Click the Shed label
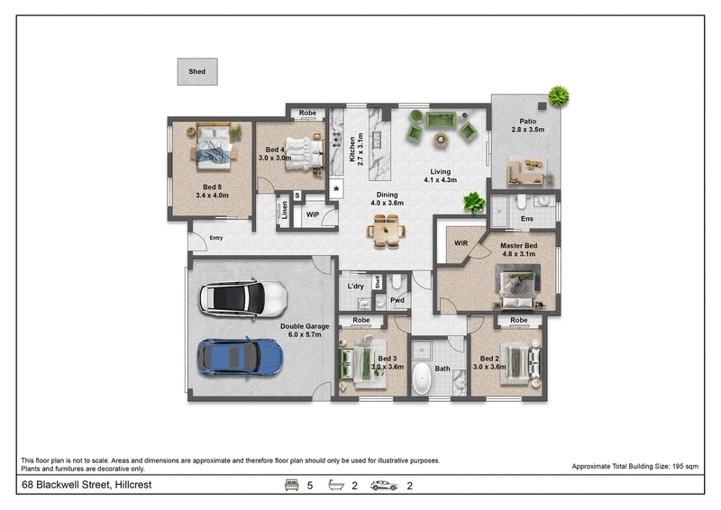pos(196,71)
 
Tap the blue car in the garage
pos(240,358)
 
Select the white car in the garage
pos(243,299)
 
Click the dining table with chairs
pos(387,231)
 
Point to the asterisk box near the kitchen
pos(336,189)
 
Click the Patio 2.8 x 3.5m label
pos(528,125)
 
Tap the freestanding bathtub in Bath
pos(422,378)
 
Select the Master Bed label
pos(519,246)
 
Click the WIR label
pos(461,242)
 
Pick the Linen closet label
pos(285,210)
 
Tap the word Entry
pos(216,238)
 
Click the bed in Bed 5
pos(213,145)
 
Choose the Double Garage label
pos(305,326)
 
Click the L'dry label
pos(355,286)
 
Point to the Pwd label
pos(397,300)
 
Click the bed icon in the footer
pos(291,485)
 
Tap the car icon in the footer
pos(384,485)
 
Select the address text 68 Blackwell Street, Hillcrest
pos(87,485)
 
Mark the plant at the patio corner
pos(559,96)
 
